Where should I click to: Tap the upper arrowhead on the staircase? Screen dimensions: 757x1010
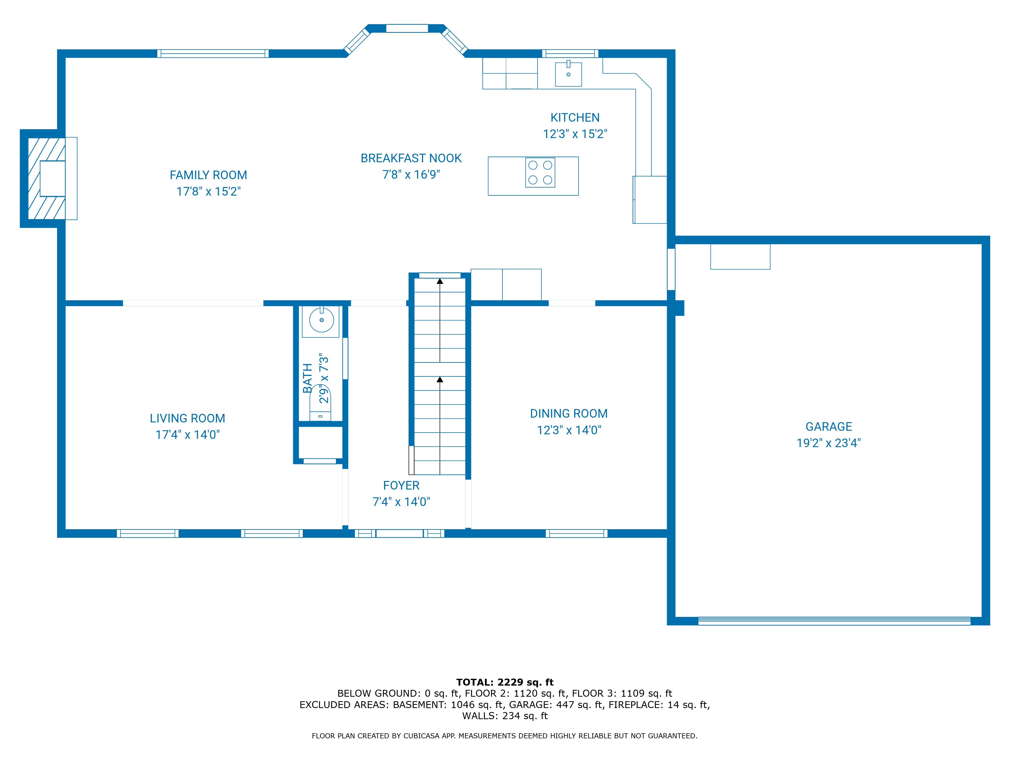click(440, 281)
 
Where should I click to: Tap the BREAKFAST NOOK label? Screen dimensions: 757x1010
click(411, 158)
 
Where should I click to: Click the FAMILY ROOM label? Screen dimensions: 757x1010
click(208, 175)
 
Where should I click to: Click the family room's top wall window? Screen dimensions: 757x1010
click(213, 54)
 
